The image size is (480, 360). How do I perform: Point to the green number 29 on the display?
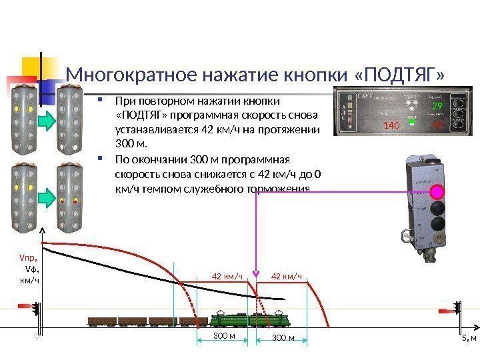tap(437, 107)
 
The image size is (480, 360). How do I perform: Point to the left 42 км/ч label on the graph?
tap(225, 276)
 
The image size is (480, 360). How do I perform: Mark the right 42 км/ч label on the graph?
tap(287, 276)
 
